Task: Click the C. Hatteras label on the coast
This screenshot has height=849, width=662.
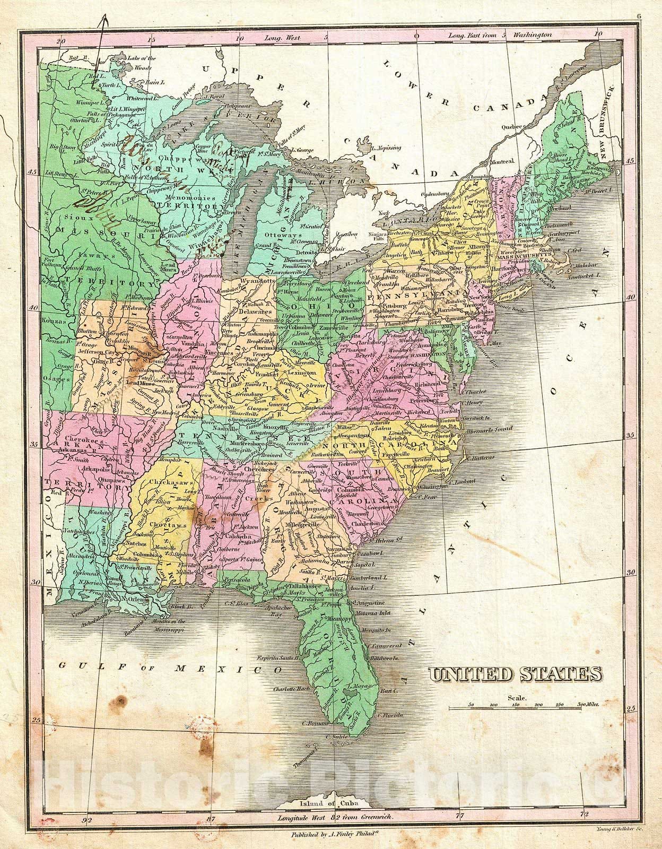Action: (480, 457)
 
